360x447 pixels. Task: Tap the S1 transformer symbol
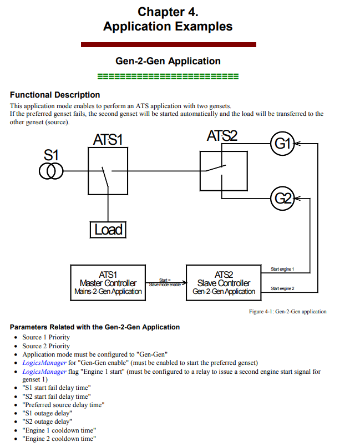(x=51, y=171)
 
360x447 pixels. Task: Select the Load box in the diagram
(x=108, y=230)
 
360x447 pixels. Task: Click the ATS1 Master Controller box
(x=108, y=283)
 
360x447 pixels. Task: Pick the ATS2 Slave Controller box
(x=224, y=283)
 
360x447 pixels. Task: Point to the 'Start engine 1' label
(x=282, y=269)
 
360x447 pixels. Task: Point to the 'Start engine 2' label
(x=282, y=288)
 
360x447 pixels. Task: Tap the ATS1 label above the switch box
(x=108, y=140)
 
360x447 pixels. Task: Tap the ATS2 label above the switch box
(x=222, y=136)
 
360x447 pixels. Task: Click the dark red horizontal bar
(x=169, y=44)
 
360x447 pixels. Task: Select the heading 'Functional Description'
(x=55, y=95)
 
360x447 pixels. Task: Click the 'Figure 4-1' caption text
(x=288, y=312)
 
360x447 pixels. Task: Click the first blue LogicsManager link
(x=44, y=363)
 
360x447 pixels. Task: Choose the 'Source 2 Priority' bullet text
(x=46, y=346)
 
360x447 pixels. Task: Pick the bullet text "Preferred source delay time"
(x=64, y=405)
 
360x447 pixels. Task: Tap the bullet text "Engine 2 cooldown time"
(x=59, y=439)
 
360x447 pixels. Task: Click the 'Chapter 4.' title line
(x=168, y=12)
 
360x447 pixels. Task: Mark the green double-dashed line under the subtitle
(x=168, y=77)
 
